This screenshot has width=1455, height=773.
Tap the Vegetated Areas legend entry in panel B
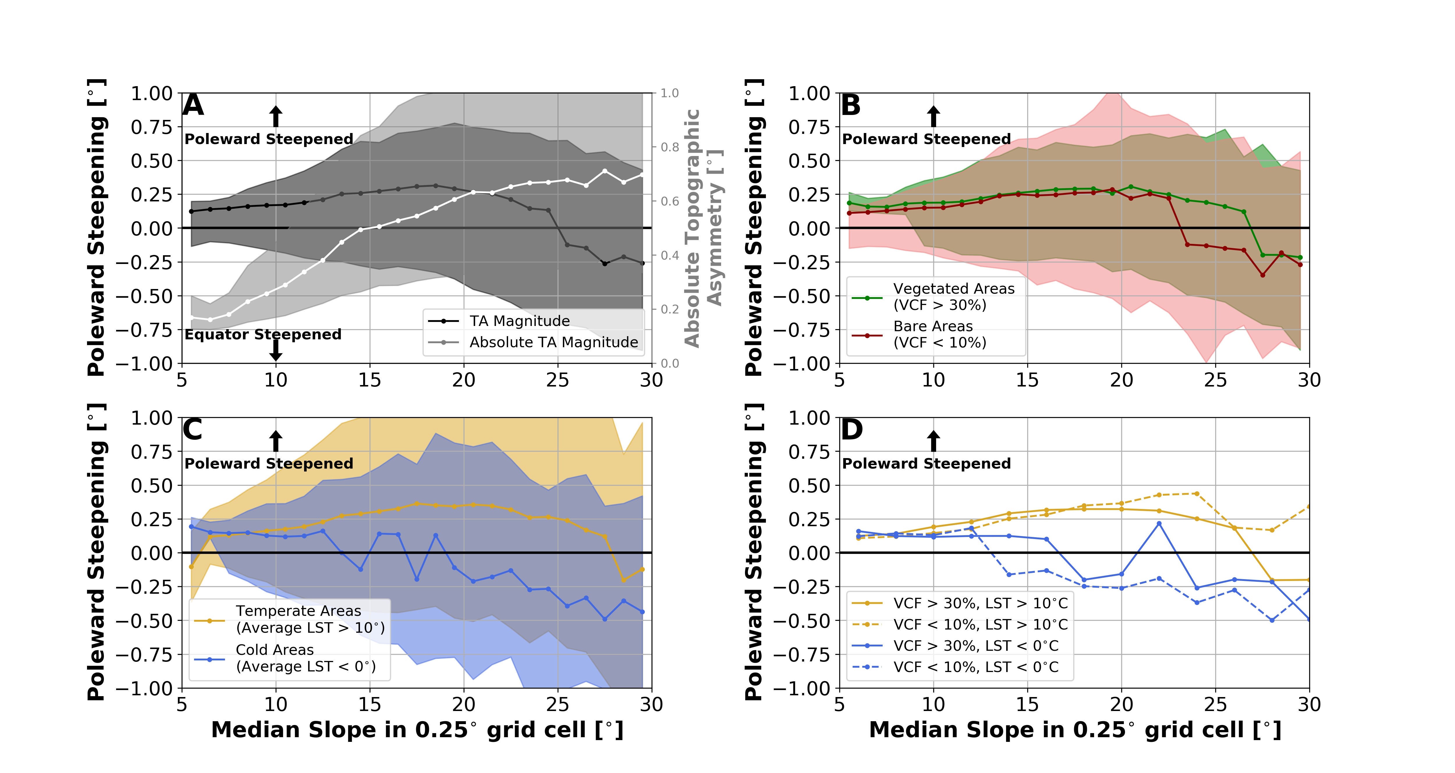pos(953,297)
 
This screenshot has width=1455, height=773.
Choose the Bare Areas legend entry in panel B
pos(939,334)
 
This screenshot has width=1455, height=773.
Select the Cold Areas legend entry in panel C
pos(305,658)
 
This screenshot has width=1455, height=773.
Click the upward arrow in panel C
pos(276,441)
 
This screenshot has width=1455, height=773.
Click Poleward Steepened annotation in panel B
pos(926,139)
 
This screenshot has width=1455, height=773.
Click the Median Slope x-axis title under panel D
pos(1075,730)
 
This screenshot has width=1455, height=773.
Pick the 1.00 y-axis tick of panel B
pos(809,93)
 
